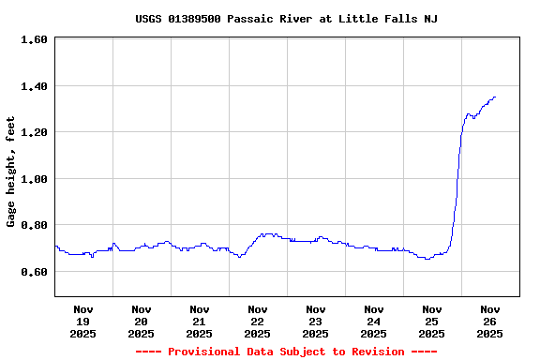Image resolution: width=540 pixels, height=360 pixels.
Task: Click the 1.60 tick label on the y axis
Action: click(x=34, y=39)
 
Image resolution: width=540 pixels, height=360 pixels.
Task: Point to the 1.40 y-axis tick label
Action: click(x=34, y=86)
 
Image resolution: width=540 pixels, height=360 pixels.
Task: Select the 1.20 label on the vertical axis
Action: click(x=34, y=132)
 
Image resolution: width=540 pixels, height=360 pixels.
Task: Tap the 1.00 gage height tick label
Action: click(x=34, y=179)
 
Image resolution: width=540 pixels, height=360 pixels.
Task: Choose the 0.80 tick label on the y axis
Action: click(x=34, y=225)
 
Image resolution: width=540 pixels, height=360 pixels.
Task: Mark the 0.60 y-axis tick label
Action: click(x=34, y=272)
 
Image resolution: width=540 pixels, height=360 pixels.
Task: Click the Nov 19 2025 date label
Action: click(x=83, y=321)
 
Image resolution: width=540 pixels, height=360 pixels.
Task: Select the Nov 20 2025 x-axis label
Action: click(x=142, y=321)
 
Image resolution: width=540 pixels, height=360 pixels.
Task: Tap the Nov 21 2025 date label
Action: click(x=200, y=321)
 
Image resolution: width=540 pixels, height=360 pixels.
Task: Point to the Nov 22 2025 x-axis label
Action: click(x=258, y=321)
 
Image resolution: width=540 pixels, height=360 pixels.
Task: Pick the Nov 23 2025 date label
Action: click(x=316, y=321)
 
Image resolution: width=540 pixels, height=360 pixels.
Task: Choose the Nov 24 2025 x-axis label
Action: click(x=374, y=321)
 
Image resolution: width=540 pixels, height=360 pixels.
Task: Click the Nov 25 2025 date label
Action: click(x=432, y=321)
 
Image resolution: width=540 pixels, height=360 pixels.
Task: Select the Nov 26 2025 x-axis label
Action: click(x=490, y=321)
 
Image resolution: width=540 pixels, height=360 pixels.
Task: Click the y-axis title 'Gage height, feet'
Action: click(x=11, y=172)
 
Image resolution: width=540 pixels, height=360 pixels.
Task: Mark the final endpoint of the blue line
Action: click(x=495, y=97)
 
